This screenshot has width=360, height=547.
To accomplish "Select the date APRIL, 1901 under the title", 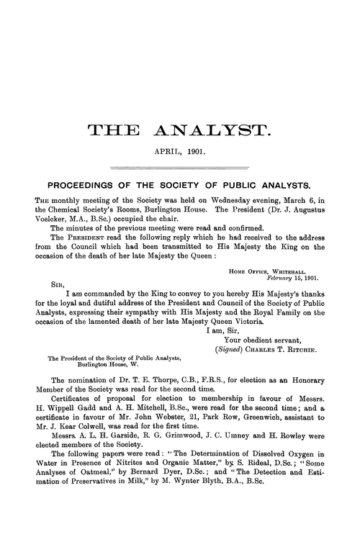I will coord(179,153).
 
